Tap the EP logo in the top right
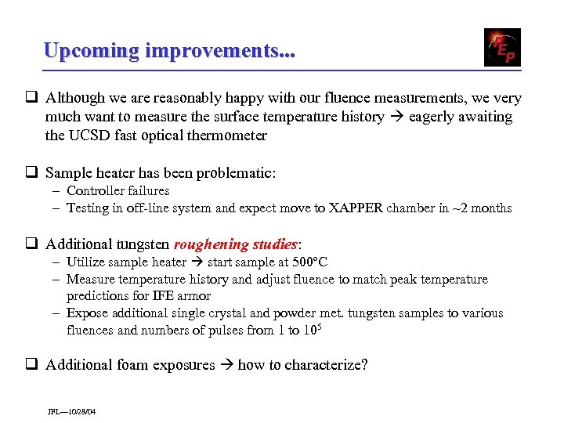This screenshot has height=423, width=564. [x=502, y=47]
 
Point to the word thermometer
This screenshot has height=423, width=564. [x=224, y=135]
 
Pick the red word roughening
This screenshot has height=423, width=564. [x=211, y=244]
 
